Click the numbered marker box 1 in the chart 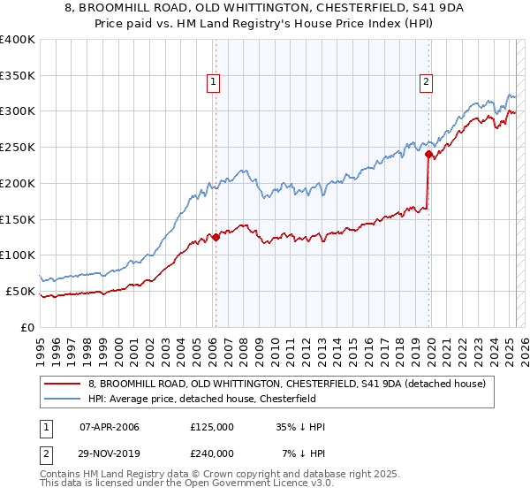click(x=214, y=83)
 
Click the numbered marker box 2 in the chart click(x=426, y=83)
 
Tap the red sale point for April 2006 click(x=216, y=237)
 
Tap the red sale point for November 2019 click(x=428, y=154)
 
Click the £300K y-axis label click(x=18, y=111)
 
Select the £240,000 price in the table click(x=212, y=453)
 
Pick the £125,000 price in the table click(x=212, y=427)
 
